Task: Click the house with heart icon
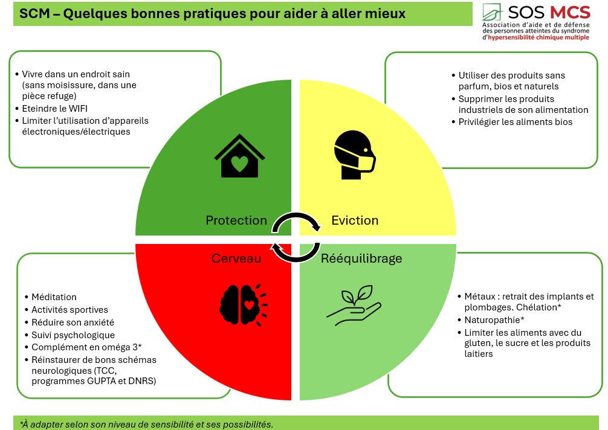239,156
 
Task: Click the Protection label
236,220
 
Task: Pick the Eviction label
355,220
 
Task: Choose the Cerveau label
236,258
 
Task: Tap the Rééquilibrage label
361,258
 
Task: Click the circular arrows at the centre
296,237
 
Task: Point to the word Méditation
54,297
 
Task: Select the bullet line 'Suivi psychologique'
73,335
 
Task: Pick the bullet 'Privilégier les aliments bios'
515,122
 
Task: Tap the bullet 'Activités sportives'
70,310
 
